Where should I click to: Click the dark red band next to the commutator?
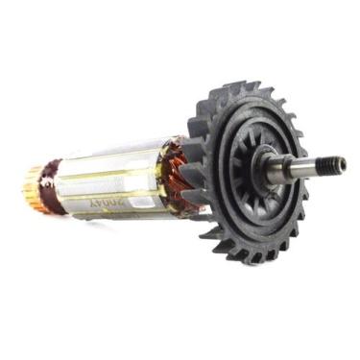(52, 184)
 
